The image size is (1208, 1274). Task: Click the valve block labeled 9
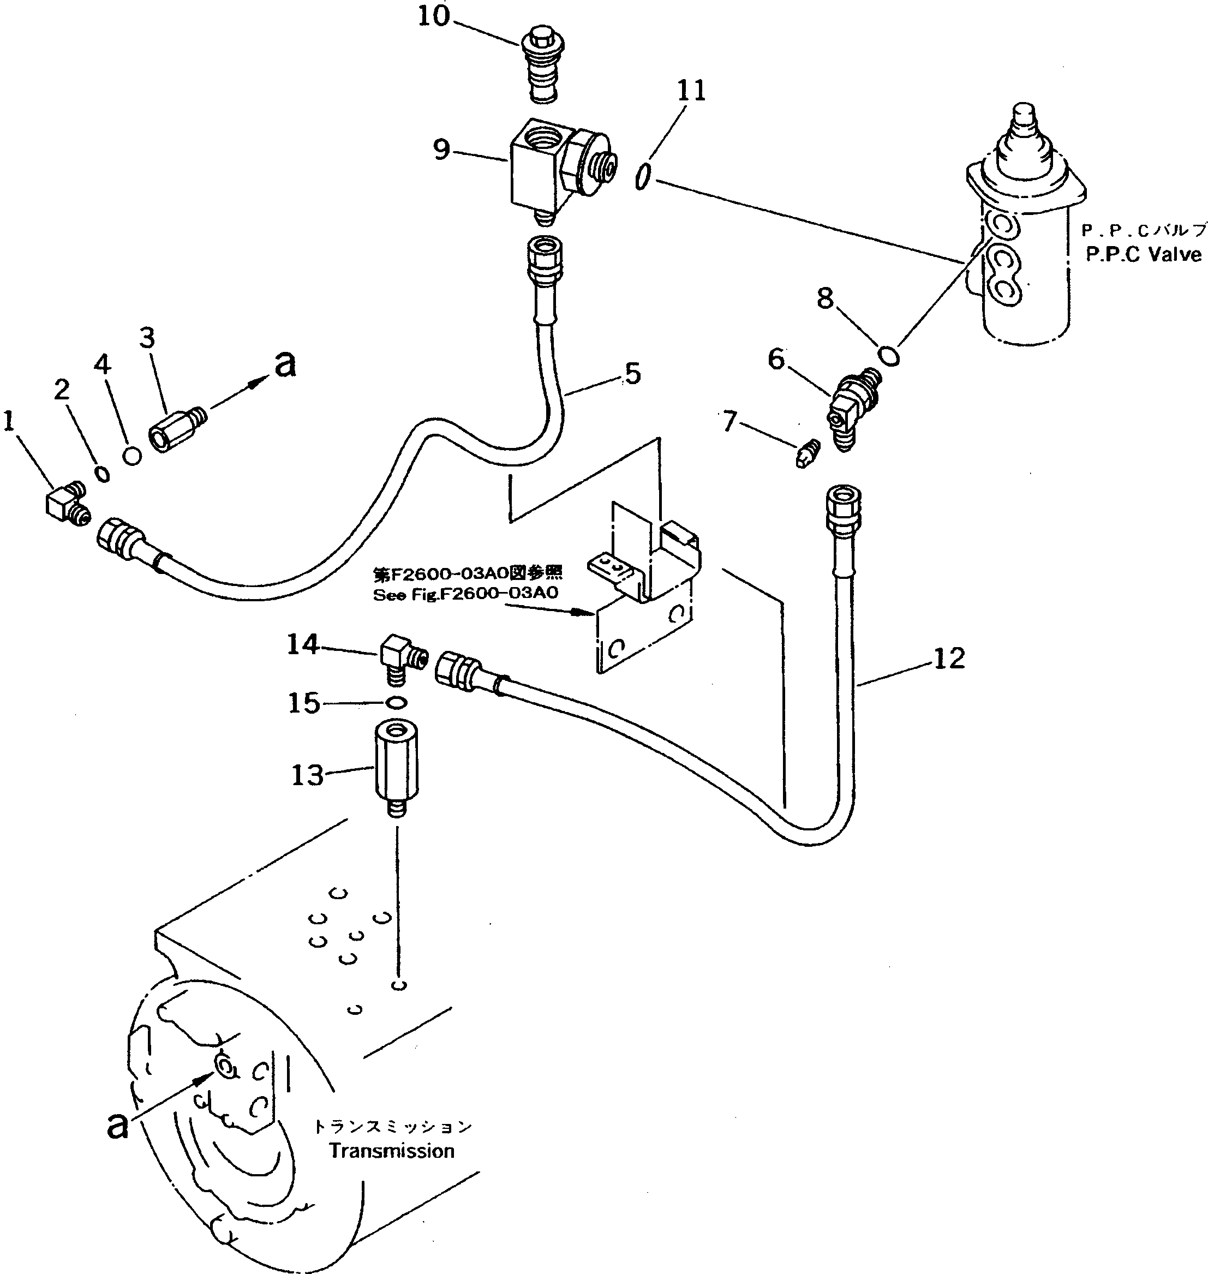point(554,168)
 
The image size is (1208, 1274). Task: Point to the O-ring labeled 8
point(889,355)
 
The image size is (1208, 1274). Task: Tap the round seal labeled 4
point(132,455)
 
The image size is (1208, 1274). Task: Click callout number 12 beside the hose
point(948,658)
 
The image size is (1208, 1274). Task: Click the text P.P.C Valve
point(1143,254)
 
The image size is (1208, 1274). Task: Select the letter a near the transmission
point(117,1145)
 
